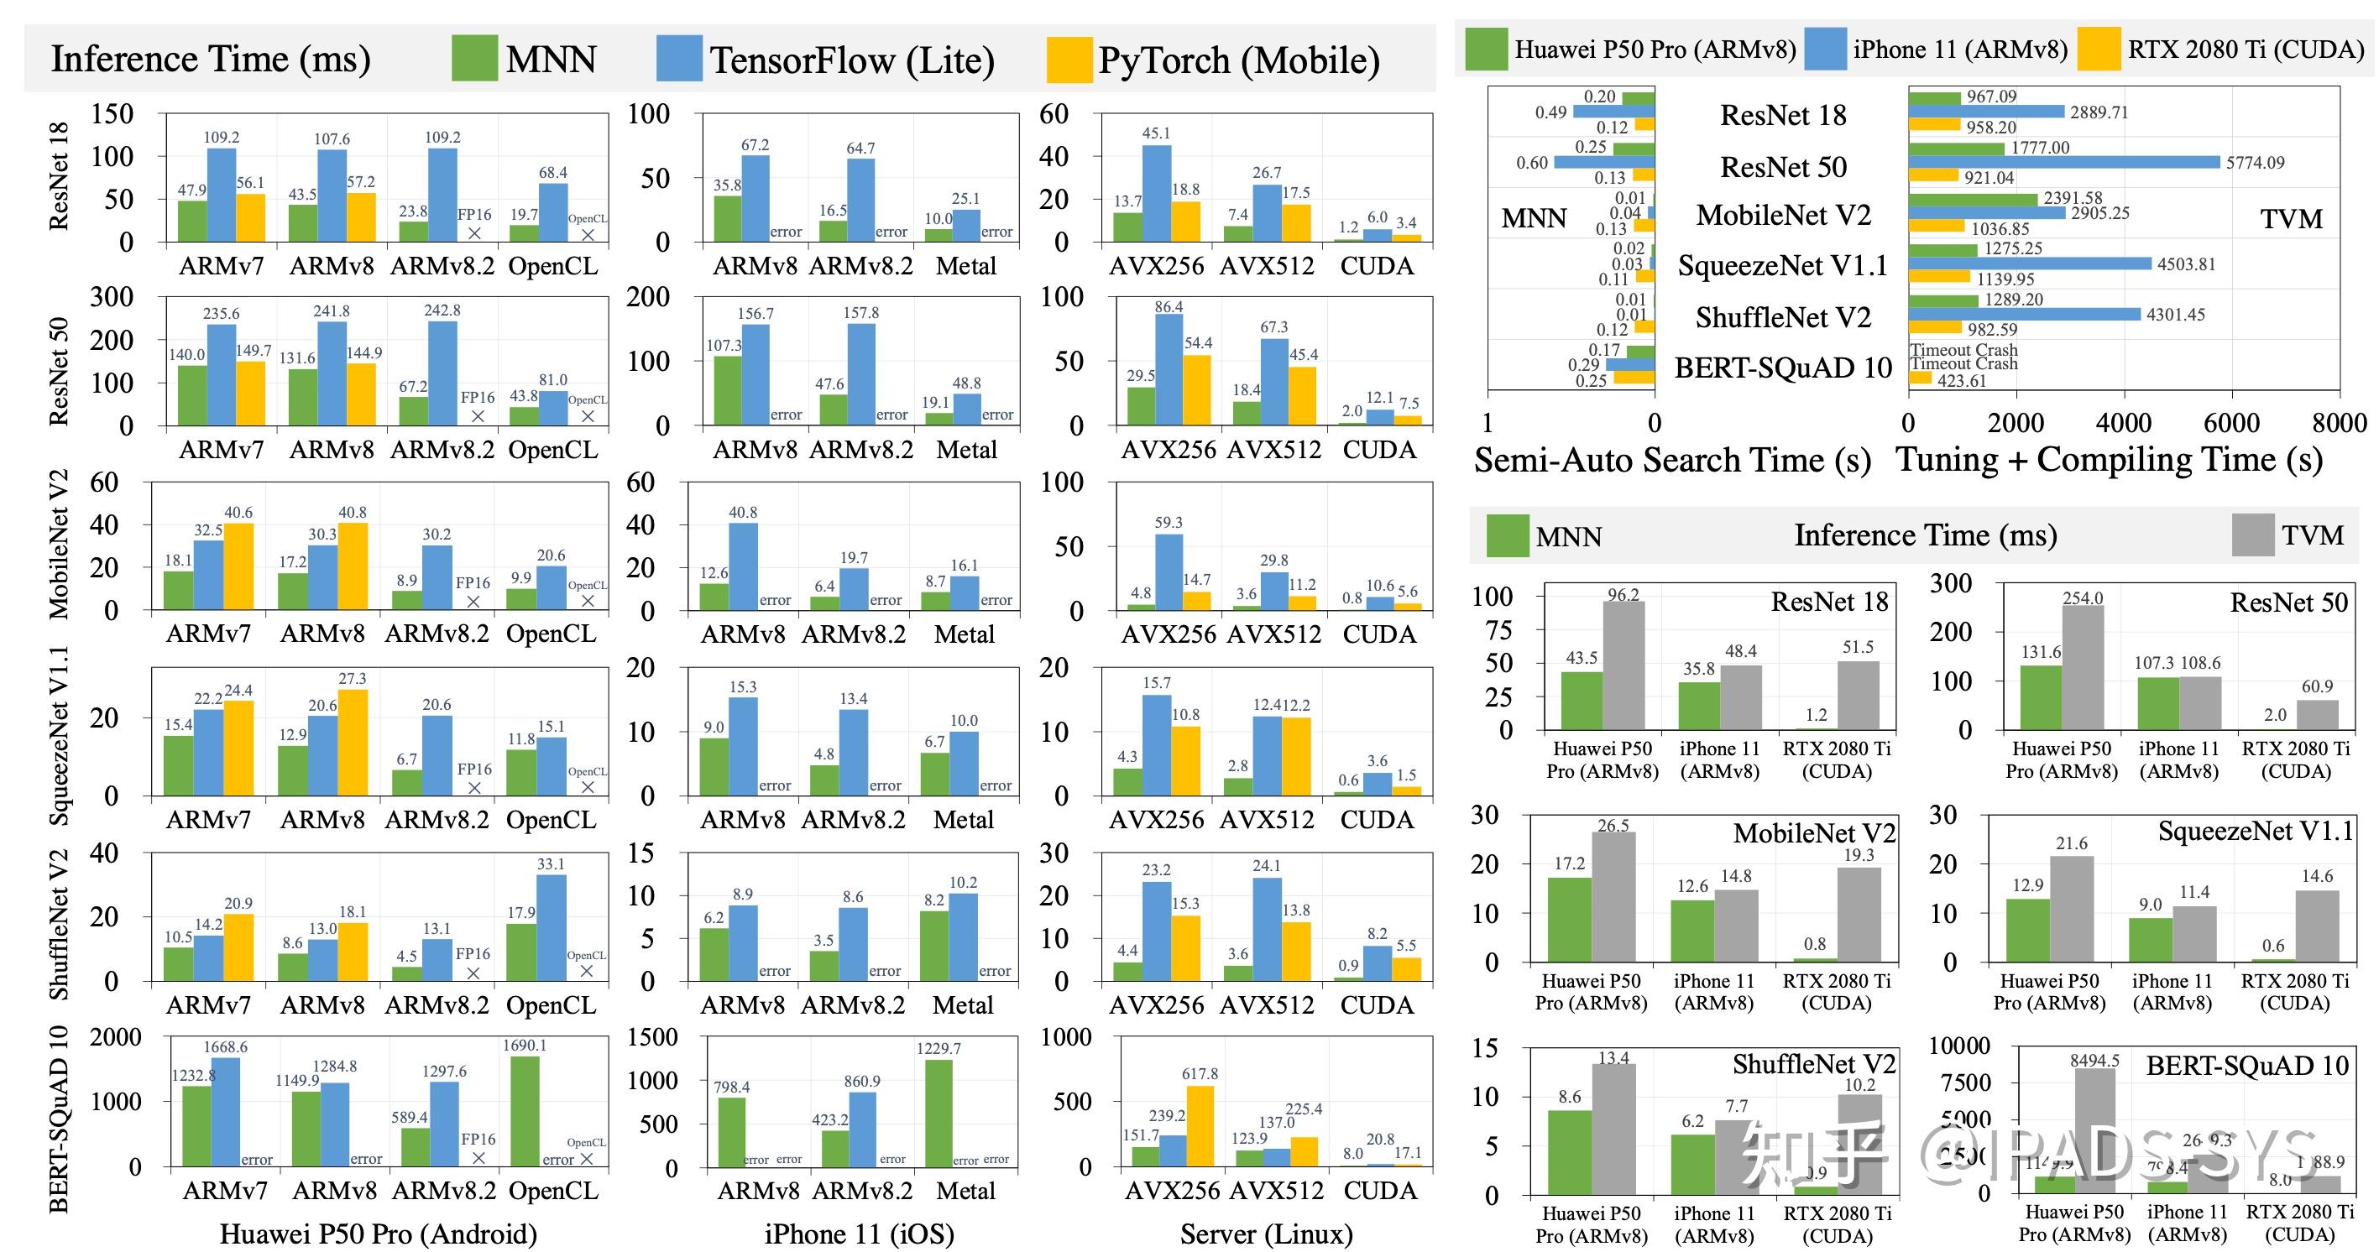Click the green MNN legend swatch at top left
click(x=473, y=58)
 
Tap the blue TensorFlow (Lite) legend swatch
click(x=679, y=58)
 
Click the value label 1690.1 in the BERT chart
click(x=524, y=1046)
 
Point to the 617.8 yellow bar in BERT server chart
click(x=1200, y=1125)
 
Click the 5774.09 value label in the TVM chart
click(x=2256, y=163)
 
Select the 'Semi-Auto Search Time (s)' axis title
click(x=1671, y=460)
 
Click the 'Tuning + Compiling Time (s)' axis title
click(x=2110, y=459)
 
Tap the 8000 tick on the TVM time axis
click(x=2339, y=423)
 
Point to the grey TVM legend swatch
click(x=2252, y=535)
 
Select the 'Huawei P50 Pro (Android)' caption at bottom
click(x=378, y=1234)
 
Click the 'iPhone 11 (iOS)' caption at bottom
click(x=859, y=1234)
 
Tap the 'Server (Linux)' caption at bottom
click(x=1266, y=1234)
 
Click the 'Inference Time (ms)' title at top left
click(x=211, y=59)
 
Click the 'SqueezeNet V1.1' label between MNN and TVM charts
click(x=1782, y=266)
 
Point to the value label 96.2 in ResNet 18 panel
click(x=1623, y=595)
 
